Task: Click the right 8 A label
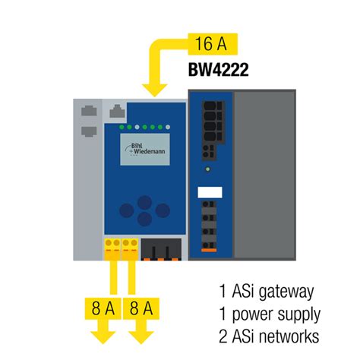(144, 310)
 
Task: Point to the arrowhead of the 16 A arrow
(156, 91)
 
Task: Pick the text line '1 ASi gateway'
(265, 292)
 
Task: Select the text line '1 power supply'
(270, 314)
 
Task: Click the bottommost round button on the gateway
(144, 220)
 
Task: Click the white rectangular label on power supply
(209, 191)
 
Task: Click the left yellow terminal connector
(110, 246)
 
